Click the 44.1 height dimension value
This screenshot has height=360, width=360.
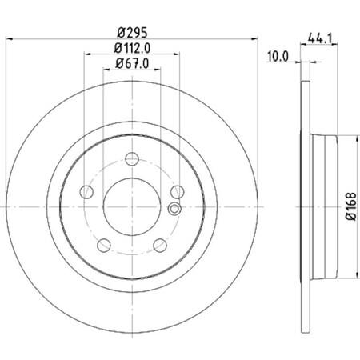(x=320, y=37)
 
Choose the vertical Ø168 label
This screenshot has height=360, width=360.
(x=350, y=207)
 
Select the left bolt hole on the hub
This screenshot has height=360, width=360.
(x=86, y=191)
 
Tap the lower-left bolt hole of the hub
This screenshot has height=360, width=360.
(x=104, y=244)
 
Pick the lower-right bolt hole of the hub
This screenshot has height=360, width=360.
(x=161, y=244)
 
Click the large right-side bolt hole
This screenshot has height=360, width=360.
(x=178, y=191)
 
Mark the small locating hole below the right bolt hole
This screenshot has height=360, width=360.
(x=174, y=210)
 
